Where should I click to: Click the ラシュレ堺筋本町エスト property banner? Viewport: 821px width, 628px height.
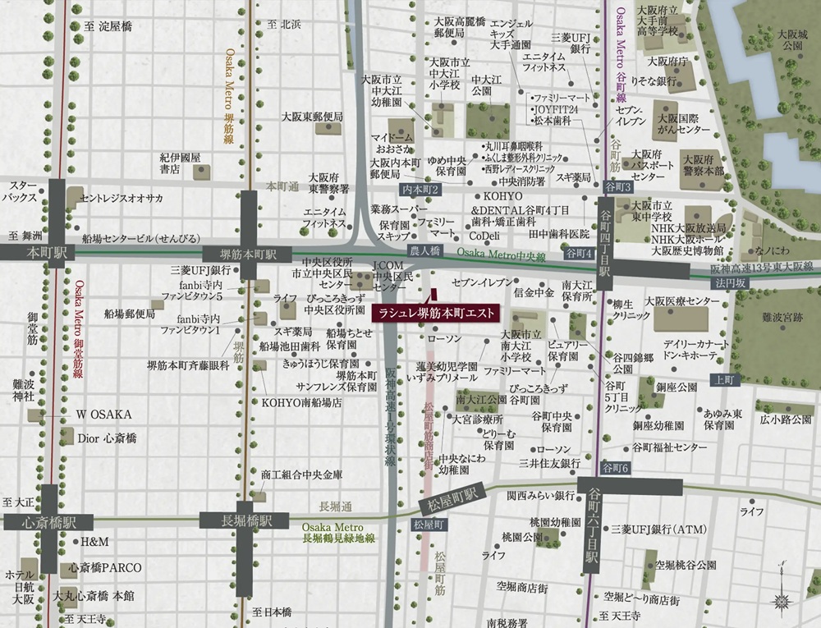point(435,314)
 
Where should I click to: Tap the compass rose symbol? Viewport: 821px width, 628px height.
point(782,597)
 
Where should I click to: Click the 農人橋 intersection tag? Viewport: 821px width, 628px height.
point(425,250)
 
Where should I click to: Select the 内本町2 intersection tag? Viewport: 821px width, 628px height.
point(420,190)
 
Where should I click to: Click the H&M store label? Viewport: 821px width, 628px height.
point(94,543)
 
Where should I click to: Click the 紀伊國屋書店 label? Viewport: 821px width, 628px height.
point(181,163)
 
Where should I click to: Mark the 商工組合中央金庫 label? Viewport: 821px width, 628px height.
point(301,475)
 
